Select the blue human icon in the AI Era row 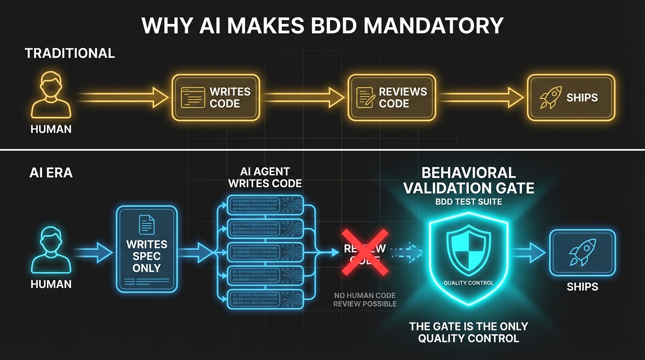[x=51, y=249]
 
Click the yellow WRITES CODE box [x=215, y=97]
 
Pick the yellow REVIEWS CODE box [x=391, y=97]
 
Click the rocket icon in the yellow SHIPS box [x=550, y=97]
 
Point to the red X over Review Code [x=364, y=251]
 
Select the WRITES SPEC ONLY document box [x=147, y=251]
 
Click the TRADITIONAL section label [x=70, y=53]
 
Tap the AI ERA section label [x=51, y=173]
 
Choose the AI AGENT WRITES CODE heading [x=265, y=178]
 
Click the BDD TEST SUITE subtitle [x=468, y=202]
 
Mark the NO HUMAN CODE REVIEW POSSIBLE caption [x=365, y=300]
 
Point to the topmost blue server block [x=265, y=202]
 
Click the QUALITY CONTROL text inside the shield [x=468, y=283]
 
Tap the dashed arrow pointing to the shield [x=407, y=252]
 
